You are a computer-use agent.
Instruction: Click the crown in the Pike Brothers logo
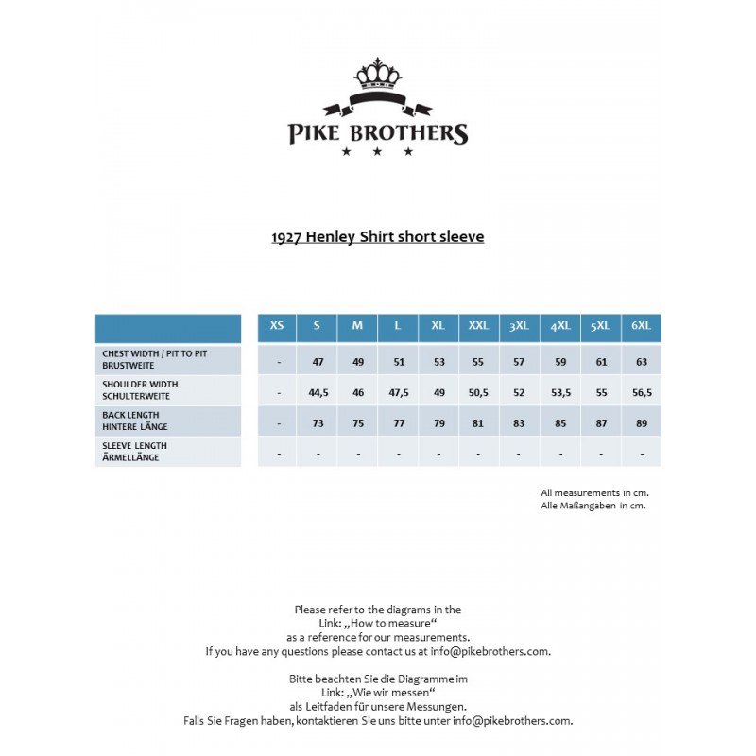[377, 73]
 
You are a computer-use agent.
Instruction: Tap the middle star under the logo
[377, 151]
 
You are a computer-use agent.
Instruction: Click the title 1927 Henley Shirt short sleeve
[377, 236]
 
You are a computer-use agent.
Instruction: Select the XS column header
[277, 326]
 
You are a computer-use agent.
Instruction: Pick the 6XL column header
[642, 326]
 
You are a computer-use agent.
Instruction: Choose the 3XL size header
[520, 326]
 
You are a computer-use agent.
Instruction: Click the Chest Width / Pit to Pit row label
[156, 358]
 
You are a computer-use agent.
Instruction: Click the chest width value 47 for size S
[318, 362]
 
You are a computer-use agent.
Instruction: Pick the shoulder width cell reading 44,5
[318, 393]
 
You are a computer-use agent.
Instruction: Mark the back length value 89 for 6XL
[642, 423]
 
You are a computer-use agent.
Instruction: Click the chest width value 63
[642, 362]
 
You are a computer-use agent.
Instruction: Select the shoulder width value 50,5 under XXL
[479, 393]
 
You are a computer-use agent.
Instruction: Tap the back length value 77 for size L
[398, 423]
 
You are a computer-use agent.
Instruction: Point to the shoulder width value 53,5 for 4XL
[560, 393]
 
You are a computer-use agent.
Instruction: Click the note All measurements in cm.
[594, 492]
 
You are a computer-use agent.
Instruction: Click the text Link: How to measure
[377, 624]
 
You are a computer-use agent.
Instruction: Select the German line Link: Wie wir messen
[377, 693]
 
